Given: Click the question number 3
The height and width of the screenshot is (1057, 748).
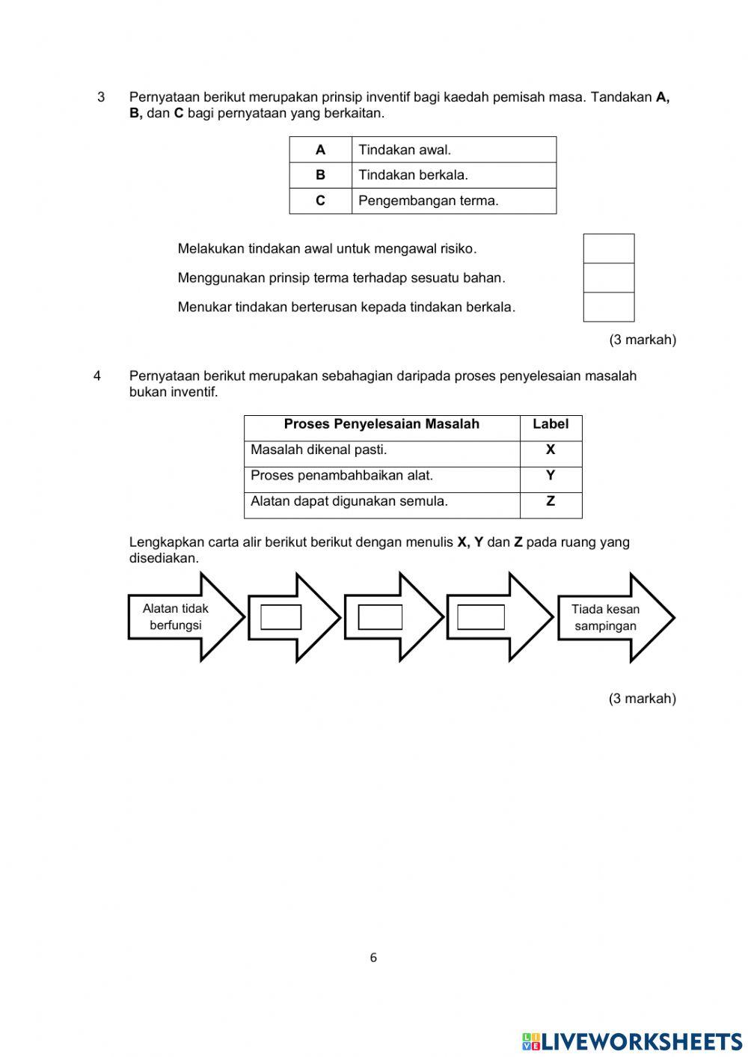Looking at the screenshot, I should click(x=101, y=97).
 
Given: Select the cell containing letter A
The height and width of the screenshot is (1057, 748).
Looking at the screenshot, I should click(x=320, y=150).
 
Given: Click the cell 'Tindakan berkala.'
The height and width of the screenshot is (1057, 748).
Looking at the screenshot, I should click(x=453, y=175).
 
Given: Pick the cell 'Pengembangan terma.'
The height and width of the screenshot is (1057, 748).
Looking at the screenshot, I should click(x=453, y=200).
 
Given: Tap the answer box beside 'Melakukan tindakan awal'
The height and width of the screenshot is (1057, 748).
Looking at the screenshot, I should click(x=608, y=248).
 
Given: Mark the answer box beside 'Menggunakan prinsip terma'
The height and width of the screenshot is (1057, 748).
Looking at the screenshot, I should click(x=608, y=278).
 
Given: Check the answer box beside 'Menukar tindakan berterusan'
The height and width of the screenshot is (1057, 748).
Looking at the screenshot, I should click(x=608, y=307).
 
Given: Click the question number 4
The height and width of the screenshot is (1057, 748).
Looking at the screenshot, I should click(x=97, y=376).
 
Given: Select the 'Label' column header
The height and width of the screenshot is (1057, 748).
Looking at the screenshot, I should click(x=551, y=425).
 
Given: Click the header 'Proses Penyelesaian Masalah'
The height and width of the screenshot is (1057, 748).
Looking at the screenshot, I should click(x=381, y=425).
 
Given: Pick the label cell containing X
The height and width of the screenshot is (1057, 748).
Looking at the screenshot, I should click(x=551, y=450).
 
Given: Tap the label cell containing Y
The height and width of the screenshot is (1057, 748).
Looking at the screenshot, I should click(x=551, y=476).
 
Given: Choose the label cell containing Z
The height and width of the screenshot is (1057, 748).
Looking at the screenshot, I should click(x=551, y=502).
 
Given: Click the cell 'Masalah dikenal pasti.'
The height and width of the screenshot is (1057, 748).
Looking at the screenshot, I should click(x=381, y=450).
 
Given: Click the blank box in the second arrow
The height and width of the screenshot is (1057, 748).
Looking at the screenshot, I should click(x=280, y=617).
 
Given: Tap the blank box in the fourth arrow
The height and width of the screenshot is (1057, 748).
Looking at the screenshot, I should click(x=480, y=617).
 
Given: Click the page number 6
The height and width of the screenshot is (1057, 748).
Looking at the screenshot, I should click(x=373, y=958).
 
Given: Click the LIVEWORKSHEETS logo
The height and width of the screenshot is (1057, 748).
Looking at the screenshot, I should click(x=632, y=1041).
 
